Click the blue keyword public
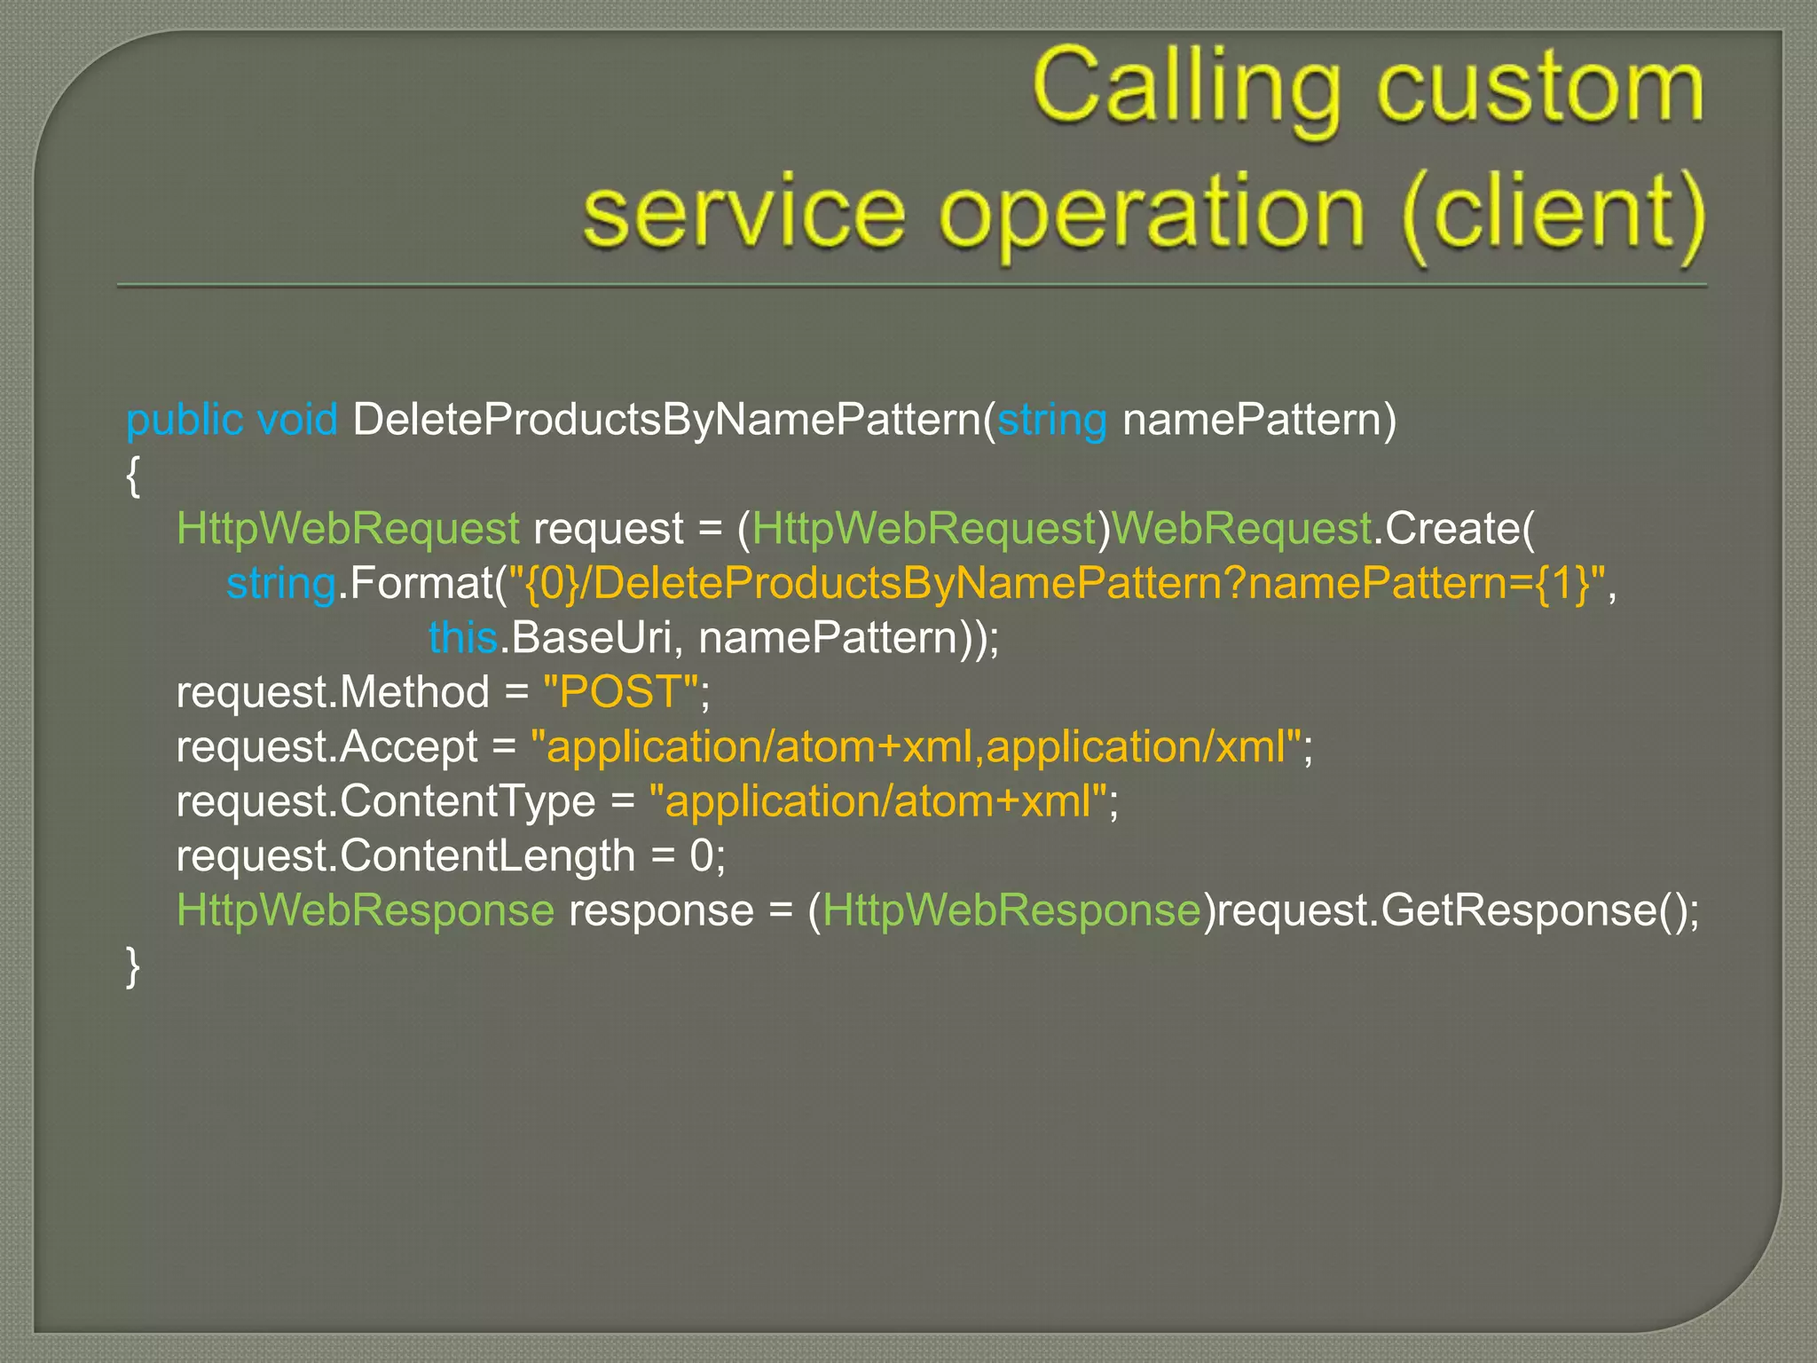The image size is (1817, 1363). point(185,420)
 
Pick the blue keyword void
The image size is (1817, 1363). point(296,420)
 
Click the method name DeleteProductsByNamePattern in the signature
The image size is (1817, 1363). point(667,420)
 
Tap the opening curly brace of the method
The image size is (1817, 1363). point(133,477)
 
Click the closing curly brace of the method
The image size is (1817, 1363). point(133,965)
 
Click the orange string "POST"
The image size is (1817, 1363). point(620,692)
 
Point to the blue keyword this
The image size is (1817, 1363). point(462,638)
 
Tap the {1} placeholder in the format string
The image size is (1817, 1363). point(1561,584)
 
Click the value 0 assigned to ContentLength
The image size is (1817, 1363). point(701,856)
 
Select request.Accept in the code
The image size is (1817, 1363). point(326,747)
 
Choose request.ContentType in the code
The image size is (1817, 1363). point(385,802)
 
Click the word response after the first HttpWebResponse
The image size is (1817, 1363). point(660,910)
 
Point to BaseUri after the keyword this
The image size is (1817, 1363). point(589,638)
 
